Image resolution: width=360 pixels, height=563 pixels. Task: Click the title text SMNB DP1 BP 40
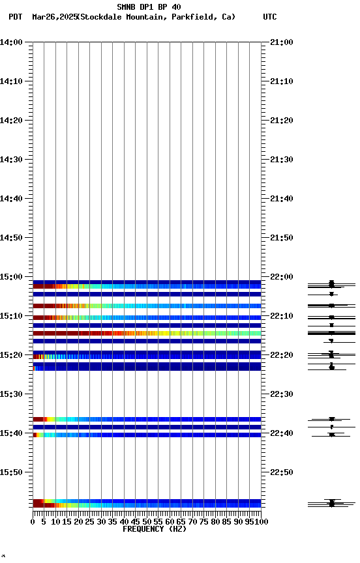149,7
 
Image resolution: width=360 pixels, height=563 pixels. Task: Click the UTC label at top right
269,17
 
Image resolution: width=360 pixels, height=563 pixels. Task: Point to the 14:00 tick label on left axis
12,42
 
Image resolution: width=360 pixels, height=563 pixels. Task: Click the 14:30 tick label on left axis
12,160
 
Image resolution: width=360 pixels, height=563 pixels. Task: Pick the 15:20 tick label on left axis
12,355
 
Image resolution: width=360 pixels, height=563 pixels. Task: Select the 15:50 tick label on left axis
12,472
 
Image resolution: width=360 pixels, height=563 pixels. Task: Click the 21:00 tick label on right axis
280,42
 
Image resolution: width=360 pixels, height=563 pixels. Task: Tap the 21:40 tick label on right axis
280,199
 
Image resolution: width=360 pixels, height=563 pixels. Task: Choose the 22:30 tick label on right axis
280,394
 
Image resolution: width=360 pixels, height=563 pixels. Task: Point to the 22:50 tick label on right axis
280,472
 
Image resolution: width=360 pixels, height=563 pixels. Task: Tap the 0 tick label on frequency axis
33,522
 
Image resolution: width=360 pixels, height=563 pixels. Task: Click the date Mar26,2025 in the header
54,17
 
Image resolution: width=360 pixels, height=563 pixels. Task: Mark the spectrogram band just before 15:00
147,285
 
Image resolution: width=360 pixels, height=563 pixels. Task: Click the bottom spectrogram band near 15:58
147,504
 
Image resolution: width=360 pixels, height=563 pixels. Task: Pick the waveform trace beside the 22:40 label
331,434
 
